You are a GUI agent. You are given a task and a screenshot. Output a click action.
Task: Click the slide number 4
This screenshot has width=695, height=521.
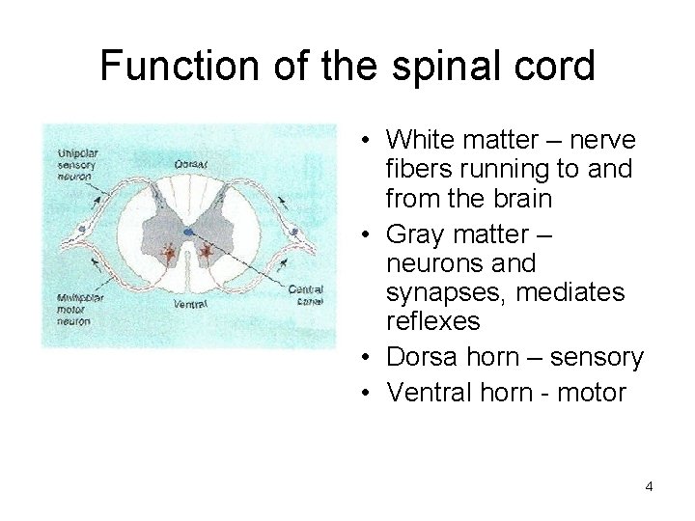(x=650, y=486)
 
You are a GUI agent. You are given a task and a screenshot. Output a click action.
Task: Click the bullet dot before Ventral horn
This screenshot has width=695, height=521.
(x=372, y=394)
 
